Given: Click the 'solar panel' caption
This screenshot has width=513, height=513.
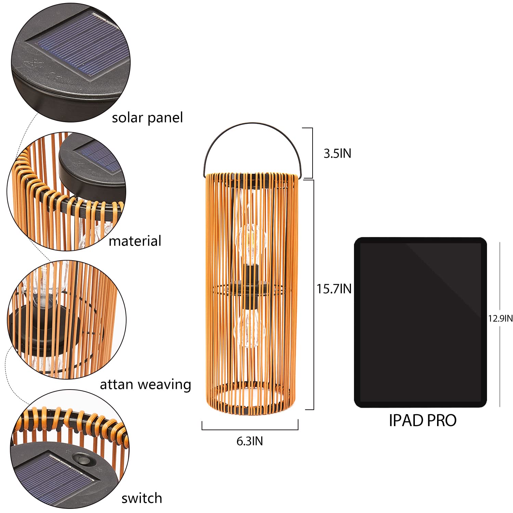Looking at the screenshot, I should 147,118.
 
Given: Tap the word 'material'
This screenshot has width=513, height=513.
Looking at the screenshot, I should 135,241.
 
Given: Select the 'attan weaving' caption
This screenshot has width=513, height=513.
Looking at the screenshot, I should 145,385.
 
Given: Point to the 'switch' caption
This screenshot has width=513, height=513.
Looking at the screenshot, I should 142,498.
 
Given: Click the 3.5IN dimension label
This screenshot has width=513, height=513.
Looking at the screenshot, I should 337,154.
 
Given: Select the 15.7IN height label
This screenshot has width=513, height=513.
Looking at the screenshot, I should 334,289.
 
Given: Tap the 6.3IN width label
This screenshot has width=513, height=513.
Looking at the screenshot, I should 250,441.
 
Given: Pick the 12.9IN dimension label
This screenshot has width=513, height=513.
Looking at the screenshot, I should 500,318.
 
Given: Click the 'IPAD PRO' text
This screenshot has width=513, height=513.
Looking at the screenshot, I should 423,420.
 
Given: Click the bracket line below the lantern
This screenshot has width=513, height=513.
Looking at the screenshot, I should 250,429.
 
